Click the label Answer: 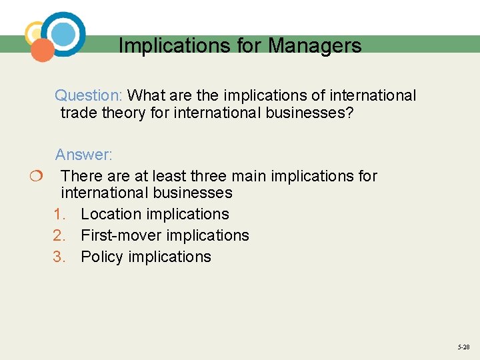84,155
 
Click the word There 80,176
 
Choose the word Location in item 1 111,214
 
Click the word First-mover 121,235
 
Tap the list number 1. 59,214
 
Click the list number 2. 59,235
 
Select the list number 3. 59,257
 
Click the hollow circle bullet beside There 35,177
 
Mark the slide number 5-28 463,347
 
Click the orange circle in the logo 43,50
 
